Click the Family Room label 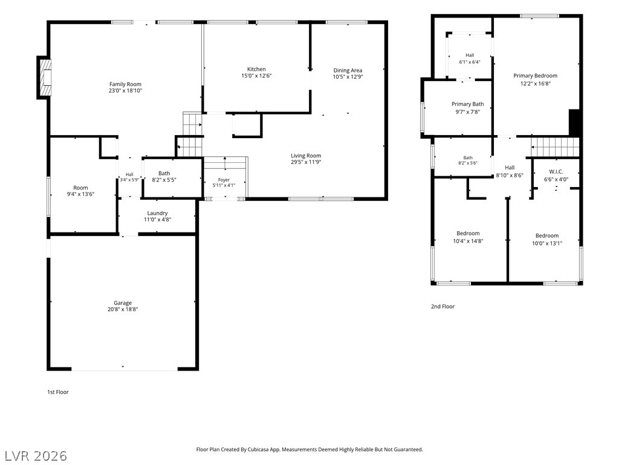point(125,84)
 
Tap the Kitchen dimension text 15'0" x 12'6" point(256,76)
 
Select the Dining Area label point(348,70)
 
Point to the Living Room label point(306,156)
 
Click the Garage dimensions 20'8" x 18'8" point(123,309)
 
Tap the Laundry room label point(158,213)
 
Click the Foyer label point(224,180)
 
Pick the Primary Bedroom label point(536,76)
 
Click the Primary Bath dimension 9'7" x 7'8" point(467,112)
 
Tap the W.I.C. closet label point(556,171)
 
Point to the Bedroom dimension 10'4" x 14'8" point(468,241)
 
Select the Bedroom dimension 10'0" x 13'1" point(547,243)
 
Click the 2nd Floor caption point(442,306)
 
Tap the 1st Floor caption point(58,392)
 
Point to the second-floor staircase point(555,147)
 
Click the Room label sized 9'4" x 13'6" point(80,188)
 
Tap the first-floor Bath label point(164,173)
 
